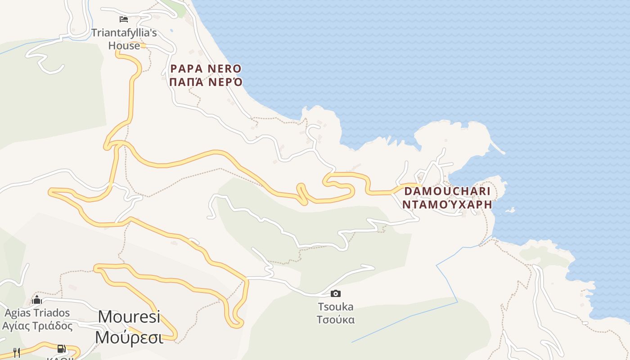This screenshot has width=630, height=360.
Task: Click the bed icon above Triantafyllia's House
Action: point(124,19)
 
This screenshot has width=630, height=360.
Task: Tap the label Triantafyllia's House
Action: point(124,39)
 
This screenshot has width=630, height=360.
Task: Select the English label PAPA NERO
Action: point(206,69)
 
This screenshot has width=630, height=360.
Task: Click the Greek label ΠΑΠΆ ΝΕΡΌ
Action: point(206,82)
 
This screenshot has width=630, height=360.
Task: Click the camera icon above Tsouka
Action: point(336,294)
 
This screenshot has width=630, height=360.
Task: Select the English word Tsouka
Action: point(336,307)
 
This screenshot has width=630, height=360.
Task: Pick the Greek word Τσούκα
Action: point(336,320)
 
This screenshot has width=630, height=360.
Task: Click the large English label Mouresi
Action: point(129,316)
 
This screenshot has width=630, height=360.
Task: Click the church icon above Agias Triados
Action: point(37,300)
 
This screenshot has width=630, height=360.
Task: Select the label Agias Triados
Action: point(37,313)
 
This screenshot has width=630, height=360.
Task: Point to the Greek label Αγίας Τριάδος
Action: point(37,325)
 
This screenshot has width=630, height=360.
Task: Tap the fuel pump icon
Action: point(62,349)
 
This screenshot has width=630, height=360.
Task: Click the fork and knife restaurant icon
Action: point(17,352)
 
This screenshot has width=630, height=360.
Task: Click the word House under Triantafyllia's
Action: point(124,45)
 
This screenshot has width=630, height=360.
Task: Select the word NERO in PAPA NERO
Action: point(224,69)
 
